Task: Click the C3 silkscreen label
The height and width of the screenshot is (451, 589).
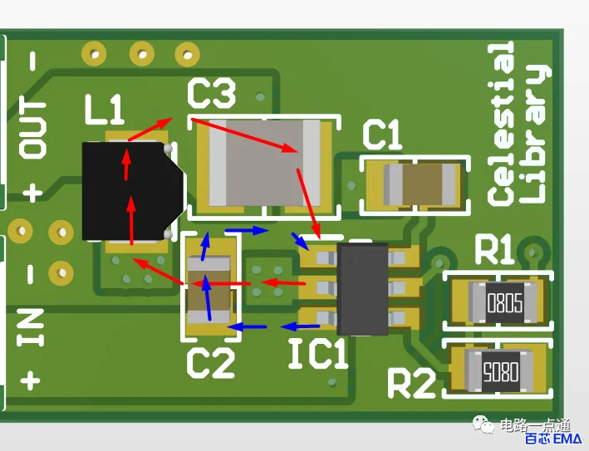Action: pos(212,93)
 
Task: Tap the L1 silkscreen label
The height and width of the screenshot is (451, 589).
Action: pos(104,110)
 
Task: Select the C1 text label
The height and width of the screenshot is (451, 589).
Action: pos(382,135)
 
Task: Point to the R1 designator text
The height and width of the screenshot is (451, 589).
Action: pos(494,249)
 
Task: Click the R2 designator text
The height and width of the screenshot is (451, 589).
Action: pos(411,383)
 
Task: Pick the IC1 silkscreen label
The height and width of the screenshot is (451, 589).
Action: pos(318,353)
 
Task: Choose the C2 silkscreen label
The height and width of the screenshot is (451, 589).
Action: pos(211,363)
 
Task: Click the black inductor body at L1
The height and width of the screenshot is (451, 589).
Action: pos(133,191)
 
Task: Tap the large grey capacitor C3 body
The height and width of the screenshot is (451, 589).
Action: pos(265,163)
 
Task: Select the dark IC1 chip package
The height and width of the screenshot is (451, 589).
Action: pos(362,289)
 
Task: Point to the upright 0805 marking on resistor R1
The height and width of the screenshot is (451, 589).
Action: pos(505,302)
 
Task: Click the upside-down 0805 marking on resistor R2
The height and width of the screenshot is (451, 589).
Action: pos(501,372)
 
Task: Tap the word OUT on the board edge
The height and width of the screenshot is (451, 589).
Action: pos(32,129)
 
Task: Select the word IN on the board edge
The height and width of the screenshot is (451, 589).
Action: pos(30,327)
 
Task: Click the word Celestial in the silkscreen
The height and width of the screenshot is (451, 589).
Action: pos(501,124)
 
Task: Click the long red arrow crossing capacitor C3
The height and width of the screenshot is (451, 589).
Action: pos(245,135)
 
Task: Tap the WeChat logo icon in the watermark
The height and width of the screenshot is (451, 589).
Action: pos(483,424)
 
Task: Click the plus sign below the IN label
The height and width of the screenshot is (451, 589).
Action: pos(30,380)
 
